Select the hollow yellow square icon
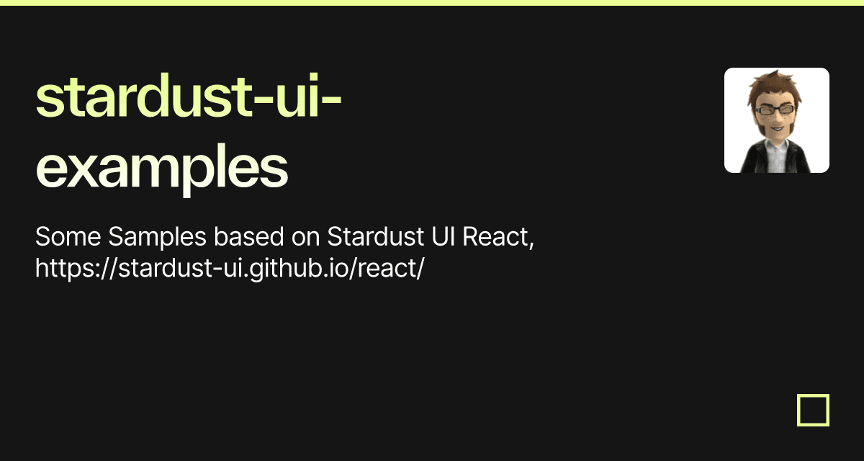(x=814, y=410)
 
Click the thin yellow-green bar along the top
(x=432, y=3)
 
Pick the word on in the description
(x=305, y=237)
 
